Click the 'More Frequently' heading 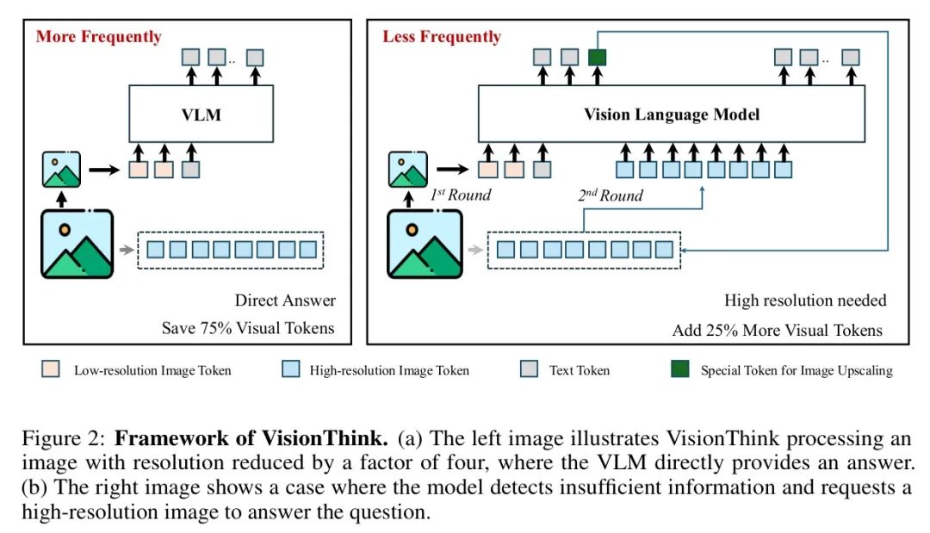click(98, 37)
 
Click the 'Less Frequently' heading click(442, 37)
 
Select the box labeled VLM click(201, 114)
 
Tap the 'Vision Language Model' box click(672, 115)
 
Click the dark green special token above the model click(598, 58)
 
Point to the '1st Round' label click(461, 195)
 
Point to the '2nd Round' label click(610, 195)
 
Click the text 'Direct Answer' click(285, 301)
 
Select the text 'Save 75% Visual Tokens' click(249, 328)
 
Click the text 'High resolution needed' click(805, 301)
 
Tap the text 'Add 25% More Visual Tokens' click(778, 330)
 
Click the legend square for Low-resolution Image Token click(50, 370)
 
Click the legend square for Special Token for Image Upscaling click(679, 370)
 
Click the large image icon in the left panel click(77, 244)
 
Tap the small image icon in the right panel click(407, 170)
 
